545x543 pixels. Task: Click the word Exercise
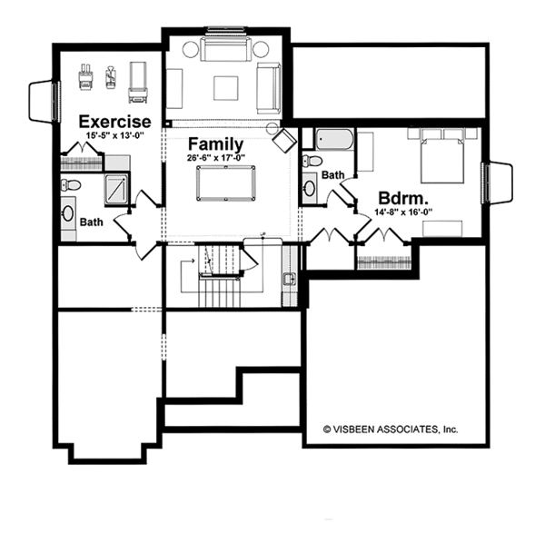pyautogui.click(x=114, y=122)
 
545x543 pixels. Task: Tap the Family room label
pyautogui.click(x=215, y=144)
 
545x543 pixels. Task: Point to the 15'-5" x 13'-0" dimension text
pyautogui.click(x=114, y=136)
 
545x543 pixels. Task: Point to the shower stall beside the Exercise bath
pyautogui.click(x=116, y=188)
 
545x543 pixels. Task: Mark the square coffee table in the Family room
pyautogui.click(x=226, y=86)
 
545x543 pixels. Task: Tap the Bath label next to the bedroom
pyautogui.click(x=332, y=174)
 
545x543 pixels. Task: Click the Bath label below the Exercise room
pyautogui.click(x=90, y=222)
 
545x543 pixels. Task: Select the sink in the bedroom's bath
pyautogui.click(x=310, y=188)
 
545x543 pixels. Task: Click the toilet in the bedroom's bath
pyautogui.click(x=312, y=161)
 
